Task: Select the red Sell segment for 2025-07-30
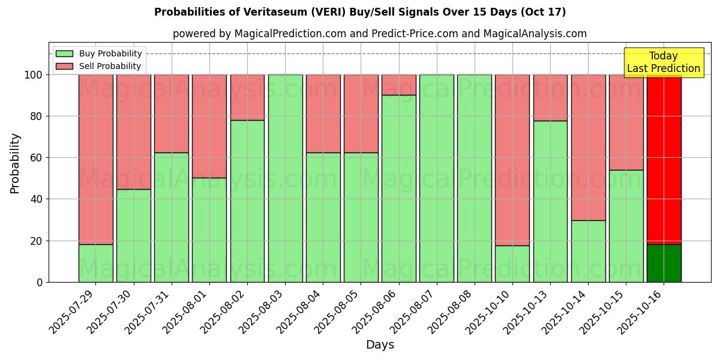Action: [x=133, y=132]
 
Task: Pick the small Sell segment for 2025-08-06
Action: [x=398, y=85]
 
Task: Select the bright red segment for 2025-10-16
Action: [x=664, y=160]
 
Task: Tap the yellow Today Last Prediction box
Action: [x=663, y=62]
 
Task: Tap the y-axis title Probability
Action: [x=15, y=163]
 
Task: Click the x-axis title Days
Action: [x=380, y=345]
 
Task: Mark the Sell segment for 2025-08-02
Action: [x=247, y=97]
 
